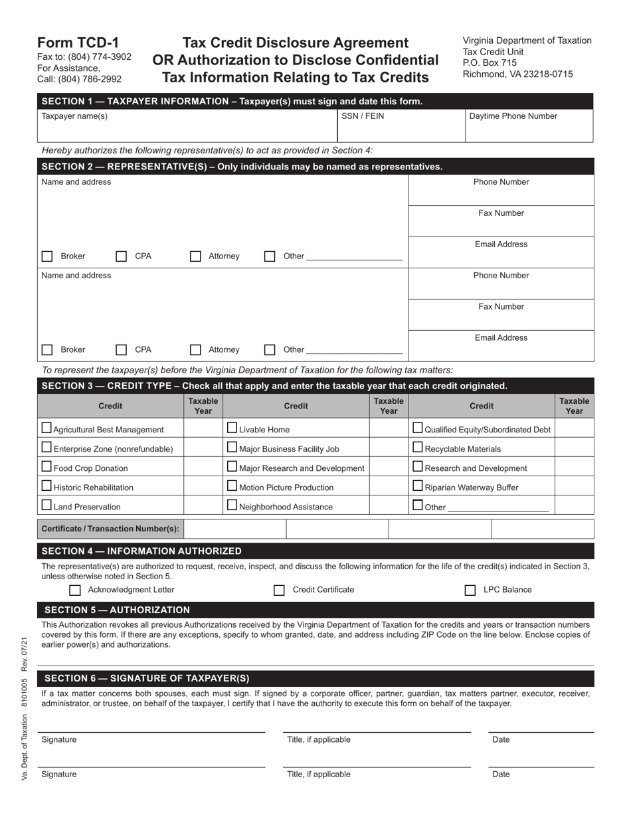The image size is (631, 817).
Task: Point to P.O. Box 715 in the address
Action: coord(490,62)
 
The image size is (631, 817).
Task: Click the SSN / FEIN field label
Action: coord(362,116)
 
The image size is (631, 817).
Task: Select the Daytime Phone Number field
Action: coord(529,126)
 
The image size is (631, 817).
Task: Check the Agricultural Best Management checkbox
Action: coord(46,428)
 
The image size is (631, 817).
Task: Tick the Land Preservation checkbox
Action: coord(46,505)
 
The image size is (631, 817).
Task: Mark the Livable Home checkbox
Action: coord(232,428)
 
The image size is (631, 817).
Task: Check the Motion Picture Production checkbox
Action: coord(232,486)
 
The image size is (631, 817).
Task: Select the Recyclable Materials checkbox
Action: coord(418,447)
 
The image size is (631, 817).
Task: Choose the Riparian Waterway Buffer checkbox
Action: coord(418,486)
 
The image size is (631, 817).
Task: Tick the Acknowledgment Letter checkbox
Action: coord(75,590)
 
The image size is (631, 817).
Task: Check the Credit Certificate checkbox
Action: coord(280,590)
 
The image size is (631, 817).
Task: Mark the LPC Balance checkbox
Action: coord(470,590)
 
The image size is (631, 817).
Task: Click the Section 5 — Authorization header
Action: coord(117,610)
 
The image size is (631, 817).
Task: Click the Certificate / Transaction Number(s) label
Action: coord(110,529)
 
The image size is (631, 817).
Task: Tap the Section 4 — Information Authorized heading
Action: coord(141,551)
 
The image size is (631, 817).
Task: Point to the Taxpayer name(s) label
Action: coord(74,116)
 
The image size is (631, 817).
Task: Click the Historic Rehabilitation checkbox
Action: coord(46,486)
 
